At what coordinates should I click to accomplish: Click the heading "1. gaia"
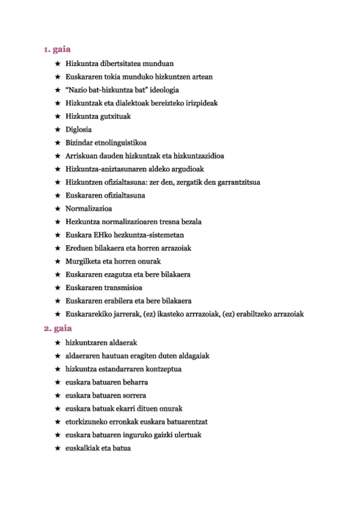pos(58,49)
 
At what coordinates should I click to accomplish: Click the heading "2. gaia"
pos(58,328)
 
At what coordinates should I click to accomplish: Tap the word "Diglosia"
pos(79,129)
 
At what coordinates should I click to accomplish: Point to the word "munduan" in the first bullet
pos(158,63)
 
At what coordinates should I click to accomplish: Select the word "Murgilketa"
pos(86,262)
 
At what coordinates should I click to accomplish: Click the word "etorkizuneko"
pos(88,422)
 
